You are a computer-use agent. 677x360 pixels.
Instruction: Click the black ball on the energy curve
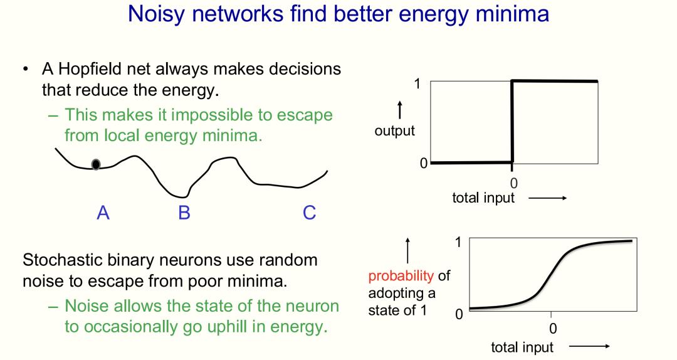(x=96, y=164)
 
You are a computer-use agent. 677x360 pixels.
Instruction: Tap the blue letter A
(x=103, y=213)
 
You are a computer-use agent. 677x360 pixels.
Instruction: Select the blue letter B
(x=184, y=213)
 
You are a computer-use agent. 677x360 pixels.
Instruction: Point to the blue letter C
(x=309, y=213)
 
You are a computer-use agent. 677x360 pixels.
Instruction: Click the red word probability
(x=401, y=275)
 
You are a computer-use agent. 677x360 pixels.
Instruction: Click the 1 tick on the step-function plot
(x=417, y=83)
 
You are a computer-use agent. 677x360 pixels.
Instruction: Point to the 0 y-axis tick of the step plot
(x=424, y=163)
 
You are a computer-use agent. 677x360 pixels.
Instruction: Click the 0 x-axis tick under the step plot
(x=513, y=183)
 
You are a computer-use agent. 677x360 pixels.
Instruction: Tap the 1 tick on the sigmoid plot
(x=458, y=242)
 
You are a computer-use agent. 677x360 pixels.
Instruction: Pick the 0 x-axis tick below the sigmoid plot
(x=553, y=329)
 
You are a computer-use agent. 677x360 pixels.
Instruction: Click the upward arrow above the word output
(x=400, y=110)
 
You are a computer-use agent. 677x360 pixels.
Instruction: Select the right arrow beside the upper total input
(x=547, y=198)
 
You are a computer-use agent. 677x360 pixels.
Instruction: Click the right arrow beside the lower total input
(x=589, y=346)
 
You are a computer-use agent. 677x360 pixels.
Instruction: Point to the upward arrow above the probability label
(x=407, y=251)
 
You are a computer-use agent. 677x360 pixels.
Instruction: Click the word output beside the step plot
(x=395, y=131)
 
